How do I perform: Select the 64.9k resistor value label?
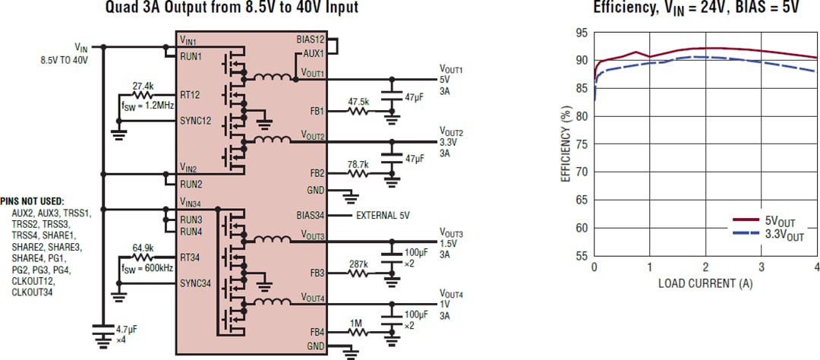(x=143, y=248)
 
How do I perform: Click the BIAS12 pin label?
(x=311, y=38)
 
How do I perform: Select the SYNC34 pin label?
(x=196, y=283)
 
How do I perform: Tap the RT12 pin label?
(x=191, y=94)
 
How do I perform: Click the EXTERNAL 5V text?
(x=383, y=216)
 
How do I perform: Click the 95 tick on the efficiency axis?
(x=581, y=33)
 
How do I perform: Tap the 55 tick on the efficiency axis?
(x=581, y=256)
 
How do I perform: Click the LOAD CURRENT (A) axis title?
(x=705, y=283)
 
